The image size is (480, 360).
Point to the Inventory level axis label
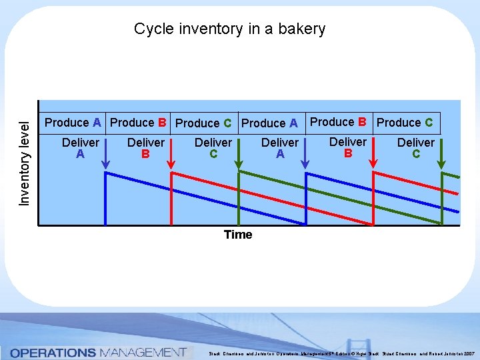click(x=24, y=163)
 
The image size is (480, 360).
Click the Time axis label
click(x=238, y=235)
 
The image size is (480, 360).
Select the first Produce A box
click(x=73, y=123)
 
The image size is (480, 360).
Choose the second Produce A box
click(x=269, y=123)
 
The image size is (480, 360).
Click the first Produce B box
click(x=138, y=123)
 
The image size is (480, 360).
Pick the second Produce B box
click(x=339, y=122)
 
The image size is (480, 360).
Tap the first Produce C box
click(x=203, y=123)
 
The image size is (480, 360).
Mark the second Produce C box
click(x=405, y=123)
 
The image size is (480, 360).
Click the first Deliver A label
click(x=80, y=148)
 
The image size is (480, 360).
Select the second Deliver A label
click(x=280, y=148)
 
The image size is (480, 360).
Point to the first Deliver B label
click(x=145, y=148)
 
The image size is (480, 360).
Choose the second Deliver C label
click(x=415, y=148)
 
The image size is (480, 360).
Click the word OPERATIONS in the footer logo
click(x=53, y=352)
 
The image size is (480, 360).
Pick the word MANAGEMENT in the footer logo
click(x=142, y=352)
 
